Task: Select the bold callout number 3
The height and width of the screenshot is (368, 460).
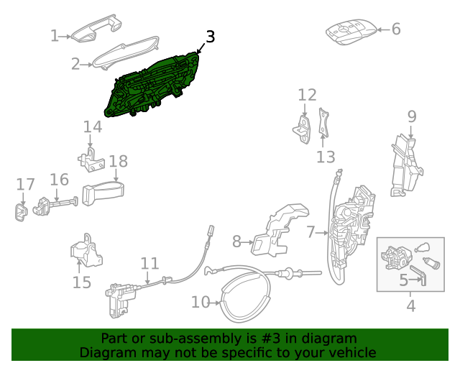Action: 210,37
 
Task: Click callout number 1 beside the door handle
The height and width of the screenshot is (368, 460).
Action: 55,35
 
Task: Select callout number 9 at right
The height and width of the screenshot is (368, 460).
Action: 412,116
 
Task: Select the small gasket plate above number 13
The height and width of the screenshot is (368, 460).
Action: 324,122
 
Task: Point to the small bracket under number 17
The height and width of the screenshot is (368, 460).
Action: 21,211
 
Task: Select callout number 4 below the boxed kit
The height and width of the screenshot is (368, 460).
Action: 410,305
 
